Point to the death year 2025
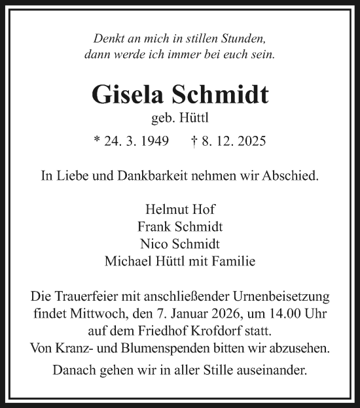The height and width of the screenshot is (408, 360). click(249, 141)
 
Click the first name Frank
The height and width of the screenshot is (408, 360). click(153, 227)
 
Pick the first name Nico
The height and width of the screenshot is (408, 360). click(153, 244)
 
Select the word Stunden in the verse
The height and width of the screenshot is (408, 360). click(244, 39)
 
